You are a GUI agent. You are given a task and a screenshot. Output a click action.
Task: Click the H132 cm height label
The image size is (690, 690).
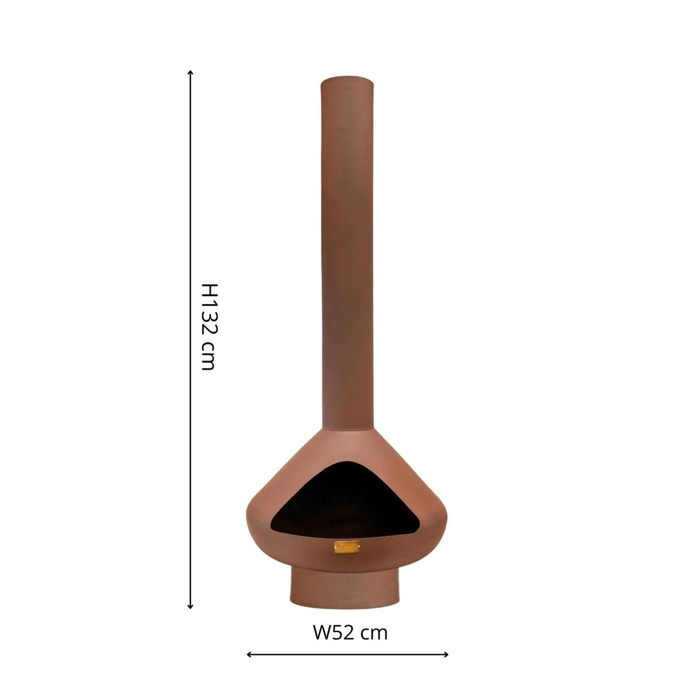point(208,326)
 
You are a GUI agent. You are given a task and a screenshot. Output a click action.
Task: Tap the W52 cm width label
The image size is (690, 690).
point(350,616)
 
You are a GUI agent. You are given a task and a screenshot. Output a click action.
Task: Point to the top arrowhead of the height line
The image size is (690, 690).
point(190,72)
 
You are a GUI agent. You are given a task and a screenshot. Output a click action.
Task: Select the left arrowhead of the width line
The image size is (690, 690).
point(249,654)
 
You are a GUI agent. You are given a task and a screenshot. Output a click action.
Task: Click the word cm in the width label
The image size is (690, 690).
point(374,618)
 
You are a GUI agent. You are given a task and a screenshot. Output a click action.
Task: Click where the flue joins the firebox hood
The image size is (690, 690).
point(348,430)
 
